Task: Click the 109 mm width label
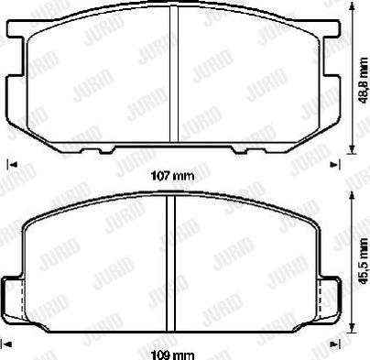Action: pyautogui.click(x=171, y=353)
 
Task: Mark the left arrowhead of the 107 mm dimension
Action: pyautogui.click(x=10, y=165)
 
